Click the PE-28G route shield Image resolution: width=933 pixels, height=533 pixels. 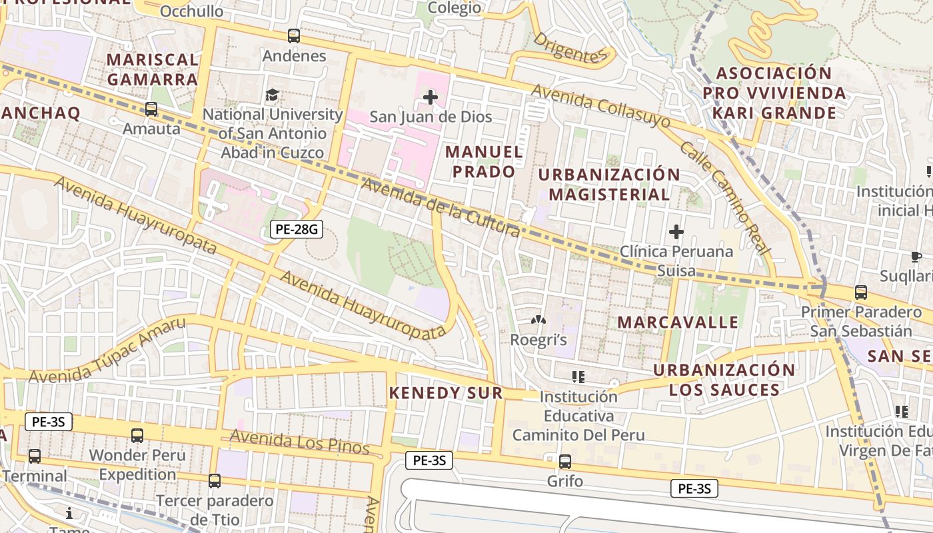[x=297, y=230]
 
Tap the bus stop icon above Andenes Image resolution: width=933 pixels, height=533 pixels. [x=294, y=36]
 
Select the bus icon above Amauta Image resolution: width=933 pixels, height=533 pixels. [x=151, y=109]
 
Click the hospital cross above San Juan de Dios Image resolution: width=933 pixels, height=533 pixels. [x=431, y=98]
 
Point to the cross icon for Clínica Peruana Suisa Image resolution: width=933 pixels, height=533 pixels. [x=676, y=232]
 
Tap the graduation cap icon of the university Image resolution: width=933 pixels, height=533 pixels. [x=272, y=95]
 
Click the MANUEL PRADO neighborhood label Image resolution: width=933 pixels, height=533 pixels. [x=484, y=162]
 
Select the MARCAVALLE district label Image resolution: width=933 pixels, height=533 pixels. [x=678, y=322]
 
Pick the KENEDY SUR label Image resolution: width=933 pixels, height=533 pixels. [x=445, y=393]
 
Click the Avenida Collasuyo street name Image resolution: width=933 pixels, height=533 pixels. [x=601, y=108]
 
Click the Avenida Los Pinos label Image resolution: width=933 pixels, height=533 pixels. [x=300, y=442]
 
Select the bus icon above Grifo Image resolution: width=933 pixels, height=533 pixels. [x=565, y=461]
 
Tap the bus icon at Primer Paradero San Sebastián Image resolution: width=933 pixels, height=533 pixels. [x=861, y=292]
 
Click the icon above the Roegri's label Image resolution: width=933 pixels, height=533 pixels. [x=538, y=320]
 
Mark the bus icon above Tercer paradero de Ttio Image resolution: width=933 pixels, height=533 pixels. [x=214, y=480]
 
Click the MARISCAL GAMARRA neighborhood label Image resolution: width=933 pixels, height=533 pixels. [x=152, y=69]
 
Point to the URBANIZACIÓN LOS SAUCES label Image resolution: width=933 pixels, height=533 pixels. [x=724, y=380]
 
